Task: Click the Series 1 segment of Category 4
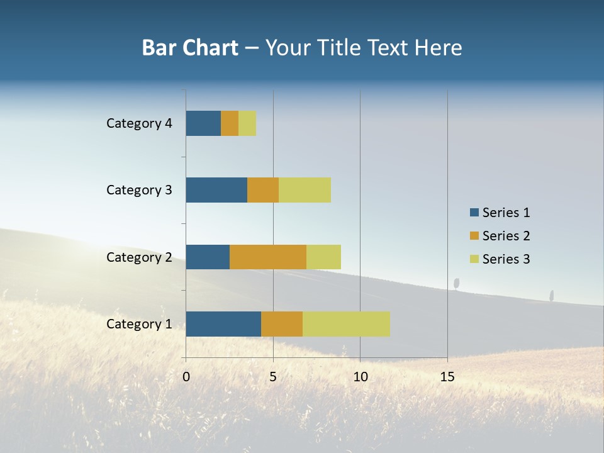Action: [x=203, y=123]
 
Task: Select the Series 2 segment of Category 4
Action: [x=230, y=123]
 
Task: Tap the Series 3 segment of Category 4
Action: [x=247, y=123]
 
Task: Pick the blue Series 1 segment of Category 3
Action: [x=216, y=190]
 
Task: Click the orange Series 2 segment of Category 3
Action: [x=263, y=190]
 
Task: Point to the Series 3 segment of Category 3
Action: [x=305, y=190]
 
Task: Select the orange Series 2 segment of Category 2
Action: [x=268, y=257]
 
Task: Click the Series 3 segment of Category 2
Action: [x=323, y=257]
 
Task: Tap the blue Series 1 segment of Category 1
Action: [x=223, y=324]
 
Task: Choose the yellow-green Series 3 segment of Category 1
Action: [x=346, y=324]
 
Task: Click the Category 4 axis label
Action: [x=139, y=123]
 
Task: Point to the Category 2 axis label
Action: [x=139, y=257]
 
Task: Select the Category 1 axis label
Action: [x=139, y=324]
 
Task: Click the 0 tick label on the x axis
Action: [x=186, y=377]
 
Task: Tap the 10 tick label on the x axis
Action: [x=360, y=377]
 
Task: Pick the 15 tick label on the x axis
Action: [x=447, y=377]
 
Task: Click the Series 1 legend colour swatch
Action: [x=474, y=213]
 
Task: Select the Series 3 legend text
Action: [x=506, y=259]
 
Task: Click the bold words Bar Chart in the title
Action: [x=190, y=48]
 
